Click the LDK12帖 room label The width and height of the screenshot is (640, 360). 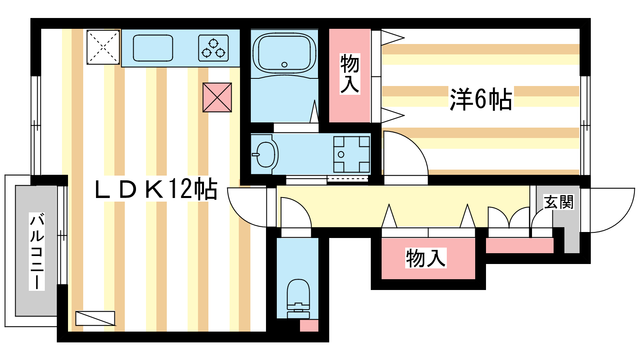156,190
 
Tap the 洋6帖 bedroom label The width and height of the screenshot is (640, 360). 481,99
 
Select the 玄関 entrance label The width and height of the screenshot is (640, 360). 558,202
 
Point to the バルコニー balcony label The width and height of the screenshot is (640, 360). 37,252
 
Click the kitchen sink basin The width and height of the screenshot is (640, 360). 153,48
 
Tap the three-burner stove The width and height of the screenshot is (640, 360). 214,48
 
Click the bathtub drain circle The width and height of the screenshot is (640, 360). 284,64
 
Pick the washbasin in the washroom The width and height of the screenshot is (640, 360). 265,154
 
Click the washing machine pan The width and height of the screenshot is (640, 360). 352,154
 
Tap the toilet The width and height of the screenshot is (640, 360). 298,298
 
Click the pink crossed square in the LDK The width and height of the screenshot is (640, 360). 217,98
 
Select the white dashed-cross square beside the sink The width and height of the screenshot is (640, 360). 103,47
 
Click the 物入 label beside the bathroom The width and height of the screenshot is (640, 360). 350,74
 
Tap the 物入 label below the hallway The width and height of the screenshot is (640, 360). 426,258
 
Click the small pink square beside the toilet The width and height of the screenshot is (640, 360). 309,326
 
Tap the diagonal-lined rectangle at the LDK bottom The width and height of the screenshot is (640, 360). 95,318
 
